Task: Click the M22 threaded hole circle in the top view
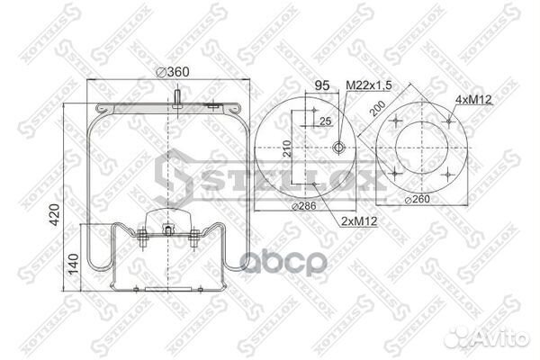[337, 148]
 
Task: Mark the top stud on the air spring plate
[179, 96]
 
